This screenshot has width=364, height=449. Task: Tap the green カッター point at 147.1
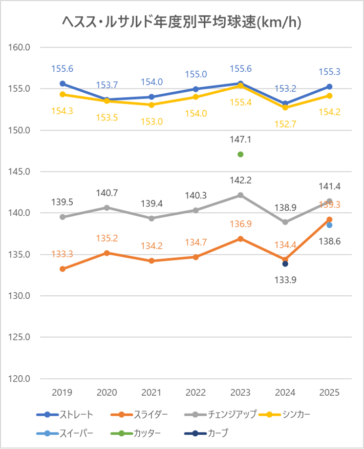click(x=241, y=154)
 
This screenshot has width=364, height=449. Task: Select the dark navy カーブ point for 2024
click(x=285, y=264)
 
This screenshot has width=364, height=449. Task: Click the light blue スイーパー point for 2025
click(x=330, y=225)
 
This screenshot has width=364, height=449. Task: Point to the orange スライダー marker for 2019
click(x=62, y=269)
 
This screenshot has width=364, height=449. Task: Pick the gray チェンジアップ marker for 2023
click(x=241, y=195)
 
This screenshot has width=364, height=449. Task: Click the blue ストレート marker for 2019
click(x=62, y=84)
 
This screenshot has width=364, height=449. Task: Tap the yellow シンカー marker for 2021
click(x=152, y=105)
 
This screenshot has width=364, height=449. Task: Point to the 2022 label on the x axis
click(x=196, y=393)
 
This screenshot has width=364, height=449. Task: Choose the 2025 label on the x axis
click(x=330, y=393)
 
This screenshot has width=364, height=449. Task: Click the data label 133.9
click(x=285, y=280)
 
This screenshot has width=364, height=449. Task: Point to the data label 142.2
click(x=241, y=180)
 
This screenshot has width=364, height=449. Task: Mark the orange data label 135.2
click(x=107, y=238)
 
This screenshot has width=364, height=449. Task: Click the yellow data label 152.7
click(x=285, y=124)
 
